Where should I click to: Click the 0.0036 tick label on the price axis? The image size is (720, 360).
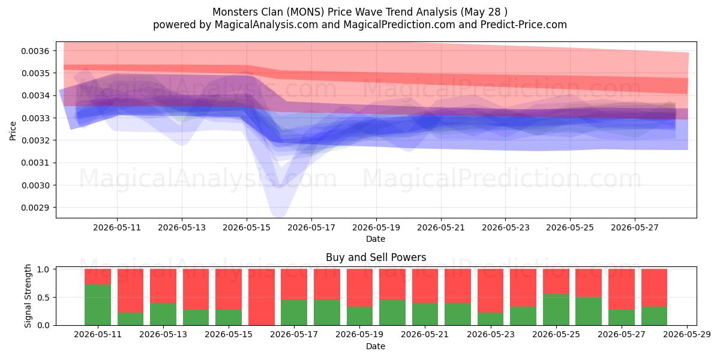[35, 51]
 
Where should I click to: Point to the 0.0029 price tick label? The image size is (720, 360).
[35, 208]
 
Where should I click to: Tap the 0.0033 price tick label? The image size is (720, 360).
[35, 118]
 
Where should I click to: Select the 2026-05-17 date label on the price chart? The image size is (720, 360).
[311, 227]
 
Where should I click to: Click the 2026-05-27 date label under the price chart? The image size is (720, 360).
[635, 227]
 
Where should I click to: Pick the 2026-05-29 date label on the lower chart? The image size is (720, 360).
[687, 334]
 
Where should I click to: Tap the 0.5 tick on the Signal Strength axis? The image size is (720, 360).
[43, 298]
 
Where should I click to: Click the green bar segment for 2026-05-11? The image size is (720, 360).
[98, 305]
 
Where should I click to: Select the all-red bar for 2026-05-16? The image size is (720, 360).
[262, 297]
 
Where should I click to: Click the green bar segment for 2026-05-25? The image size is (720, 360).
[556, 310]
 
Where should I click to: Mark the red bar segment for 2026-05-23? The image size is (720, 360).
[491, 291]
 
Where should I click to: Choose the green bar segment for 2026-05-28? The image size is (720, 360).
[654, 316]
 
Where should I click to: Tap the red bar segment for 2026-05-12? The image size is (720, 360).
[131, 291]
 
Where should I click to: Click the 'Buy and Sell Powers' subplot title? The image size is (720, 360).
[376, 257]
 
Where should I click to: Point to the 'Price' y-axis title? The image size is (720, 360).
[13, 131]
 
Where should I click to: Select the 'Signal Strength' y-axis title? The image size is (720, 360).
[28, 296]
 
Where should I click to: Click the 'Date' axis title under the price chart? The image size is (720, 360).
[376, 239]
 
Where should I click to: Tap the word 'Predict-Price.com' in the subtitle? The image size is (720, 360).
[524, 25]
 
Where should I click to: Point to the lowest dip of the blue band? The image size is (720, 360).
[278, 215]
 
